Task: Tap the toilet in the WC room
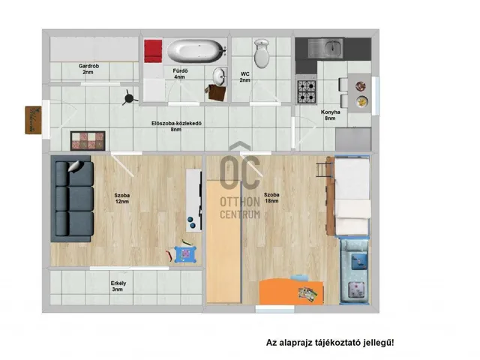tap(262, 53)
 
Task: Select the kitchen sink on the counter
tap(325, 48)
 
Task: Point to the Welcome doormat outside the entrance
tap(33, 120)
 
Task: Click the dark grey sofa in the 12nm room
tap(72, 198)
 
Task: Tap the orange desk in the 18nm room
tap(291, 291)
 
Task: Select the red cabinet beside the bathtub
tap(153, 51)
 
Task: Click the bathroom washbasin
tap(220, 76)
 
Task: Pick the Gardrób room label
tap(88, 69)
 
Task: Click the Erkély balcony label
tap(118, 286)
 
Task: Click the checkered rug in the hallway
tap(88, 141)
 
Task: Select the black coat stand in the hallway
tap(129, 98)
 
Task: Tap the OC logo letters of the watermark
tap(240, 172)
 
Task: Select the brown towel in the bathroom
tap(217, 93)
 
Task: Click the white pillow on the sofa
tap(75, 166)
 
